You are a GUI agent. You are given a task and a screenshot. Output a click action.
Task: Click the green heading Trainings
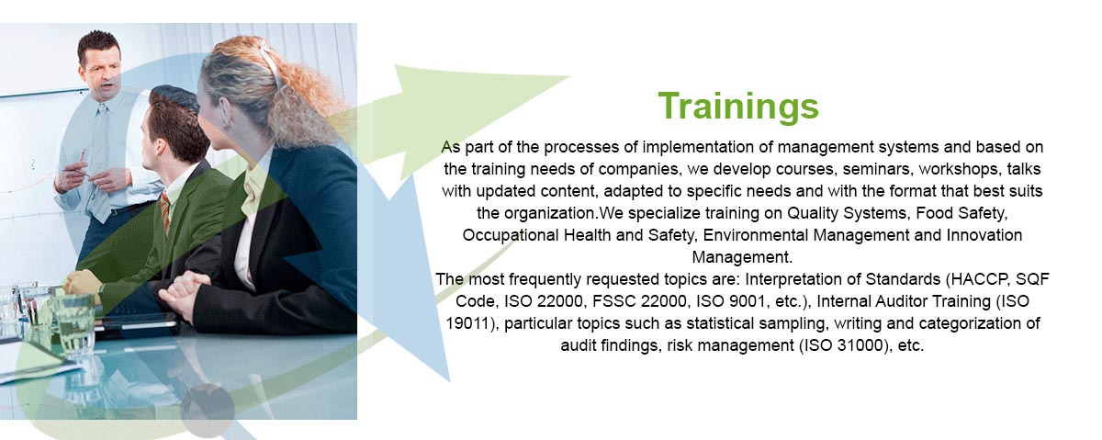pos(738,107)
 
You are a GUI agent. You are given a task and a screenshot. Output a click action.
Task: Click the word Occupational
pos(511,235)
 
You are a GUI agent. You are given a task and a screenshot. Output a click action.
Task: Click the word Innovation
pos(984,235)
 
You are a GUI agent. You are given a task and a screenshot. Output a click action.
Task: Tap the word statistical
pos(720,323)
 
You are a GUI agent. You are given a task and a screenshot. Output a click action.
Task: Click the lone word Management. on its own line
pos(742,257)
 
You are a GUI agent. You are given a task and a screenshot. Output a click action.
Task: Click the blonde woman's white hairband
pos(272,64)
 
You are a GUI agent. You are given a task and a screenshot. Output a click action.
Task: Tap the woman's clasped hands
pos(182,294)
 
